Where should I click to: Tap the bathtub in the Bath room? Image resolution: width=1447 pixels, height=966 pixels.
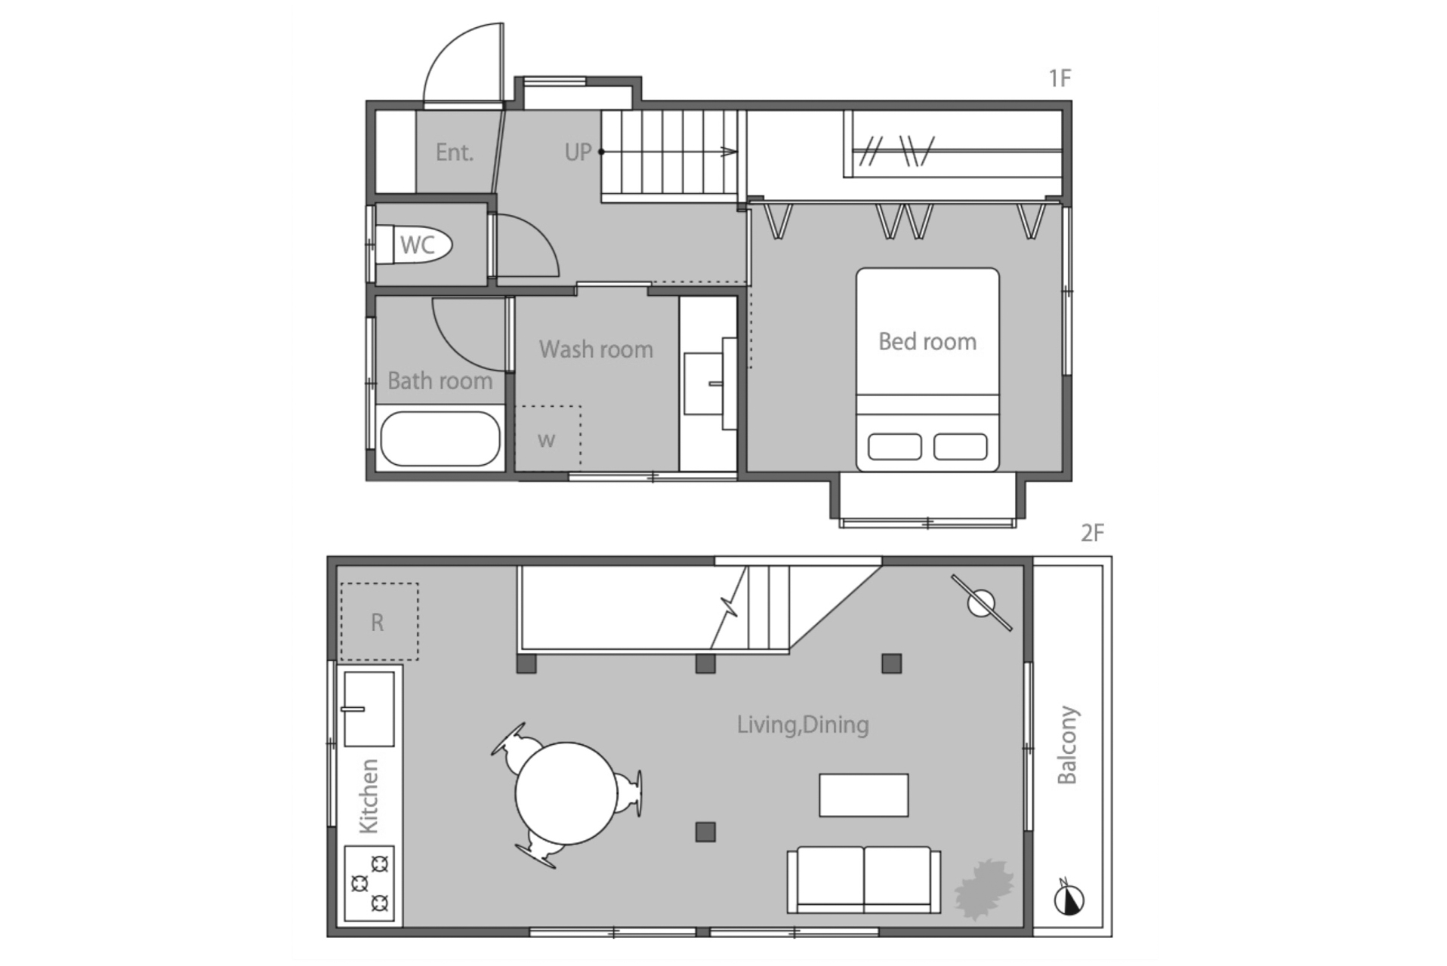(x=440, y=438)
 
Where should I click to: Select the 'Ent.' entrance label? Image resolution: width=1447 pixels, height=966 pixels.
(x=455, y=152)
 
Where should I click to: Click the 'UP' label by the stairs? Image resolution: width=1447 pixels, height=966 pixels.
(x=578, y=152)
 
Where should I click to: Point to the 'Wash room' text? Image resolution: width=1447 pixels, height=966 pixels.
(x=596, y=349)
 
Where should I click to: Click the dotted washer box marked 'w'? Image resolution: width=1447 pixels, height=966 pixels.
(x=548, y=438)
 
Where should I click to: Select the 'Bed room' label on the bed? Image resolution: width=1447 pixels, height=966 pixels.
(x=927, y=341)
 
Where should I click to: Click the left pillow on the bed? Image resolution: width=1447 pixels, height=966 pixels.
(x=895, y=446)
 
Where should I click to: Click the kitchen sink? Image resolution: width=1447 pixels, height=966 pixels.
(x=369, y=709)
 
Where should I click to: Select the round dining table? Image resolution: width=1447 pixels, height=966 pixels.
(x=566, y=793)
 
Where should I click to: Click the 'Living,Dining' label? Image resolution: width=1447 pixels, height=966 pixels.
(x=803, y=724)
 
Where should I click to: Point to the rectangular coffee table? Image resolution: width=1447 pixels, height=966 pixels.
(x=864, y=795)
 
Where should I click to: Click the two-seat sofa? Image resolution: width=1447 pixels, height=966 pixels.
(x=864, y=879)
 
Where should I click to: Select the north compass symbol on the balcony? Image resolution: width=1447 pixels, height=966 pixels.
(x=1069, y=898)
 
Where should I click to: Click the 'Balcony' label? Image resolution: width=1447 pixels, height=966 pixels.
(x=1067, y=745)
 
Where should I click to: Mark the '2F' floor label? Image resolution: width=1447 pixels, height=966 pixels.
(x=1092, y=534)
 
